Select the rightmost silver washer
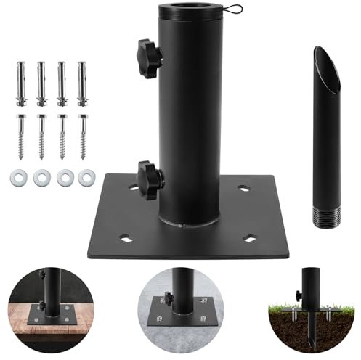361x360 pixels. pos(86,176)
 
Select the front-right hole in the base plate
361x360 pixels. pos(251,236)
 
